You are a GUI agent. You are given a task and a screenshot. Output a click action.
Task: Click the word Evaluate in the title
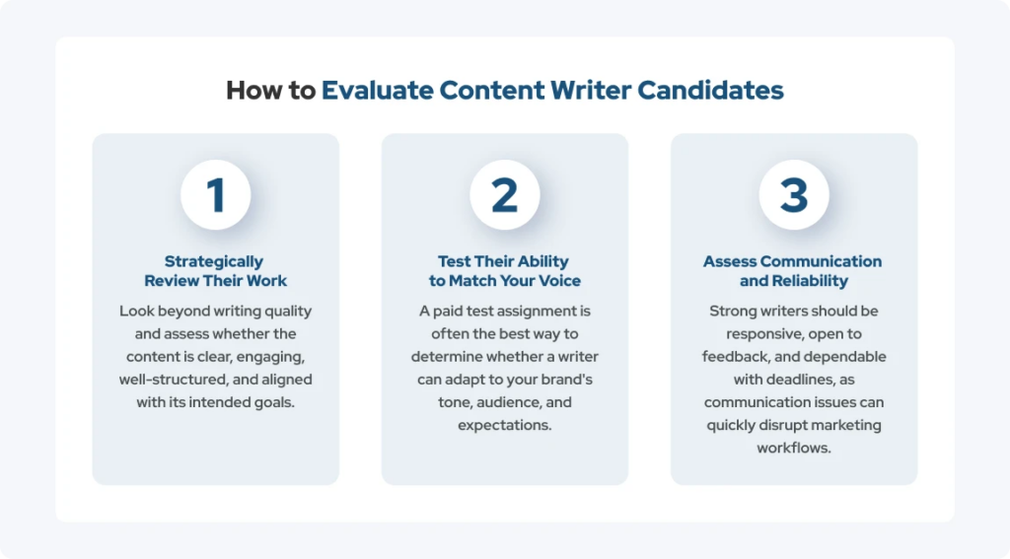(378, 90)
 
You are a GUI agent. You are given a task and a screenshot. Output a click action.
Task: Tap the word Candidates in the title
(710, 90)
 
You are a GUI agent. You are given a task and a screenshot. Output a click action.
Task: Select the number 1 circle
(215, 194)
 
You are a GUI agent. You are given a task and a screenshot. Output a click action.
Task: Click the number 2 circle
(504, 194)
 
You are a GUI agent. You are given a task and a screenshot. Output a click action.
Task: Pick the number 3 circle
(794, 194)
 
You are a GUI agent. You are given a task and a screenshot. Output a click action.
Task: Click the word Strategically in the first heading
(214, 261)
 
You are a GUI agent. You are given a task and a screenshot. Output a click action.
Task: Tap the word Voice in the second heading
(559, 281)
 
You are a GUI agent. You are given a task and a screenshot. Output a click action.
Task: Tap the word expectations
(504, 426)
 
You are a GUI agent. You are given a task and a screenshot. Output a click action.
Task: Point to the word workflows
(794, 449)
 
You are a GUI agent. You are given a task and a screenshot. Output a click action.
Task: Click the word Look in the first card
(136, 312)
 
